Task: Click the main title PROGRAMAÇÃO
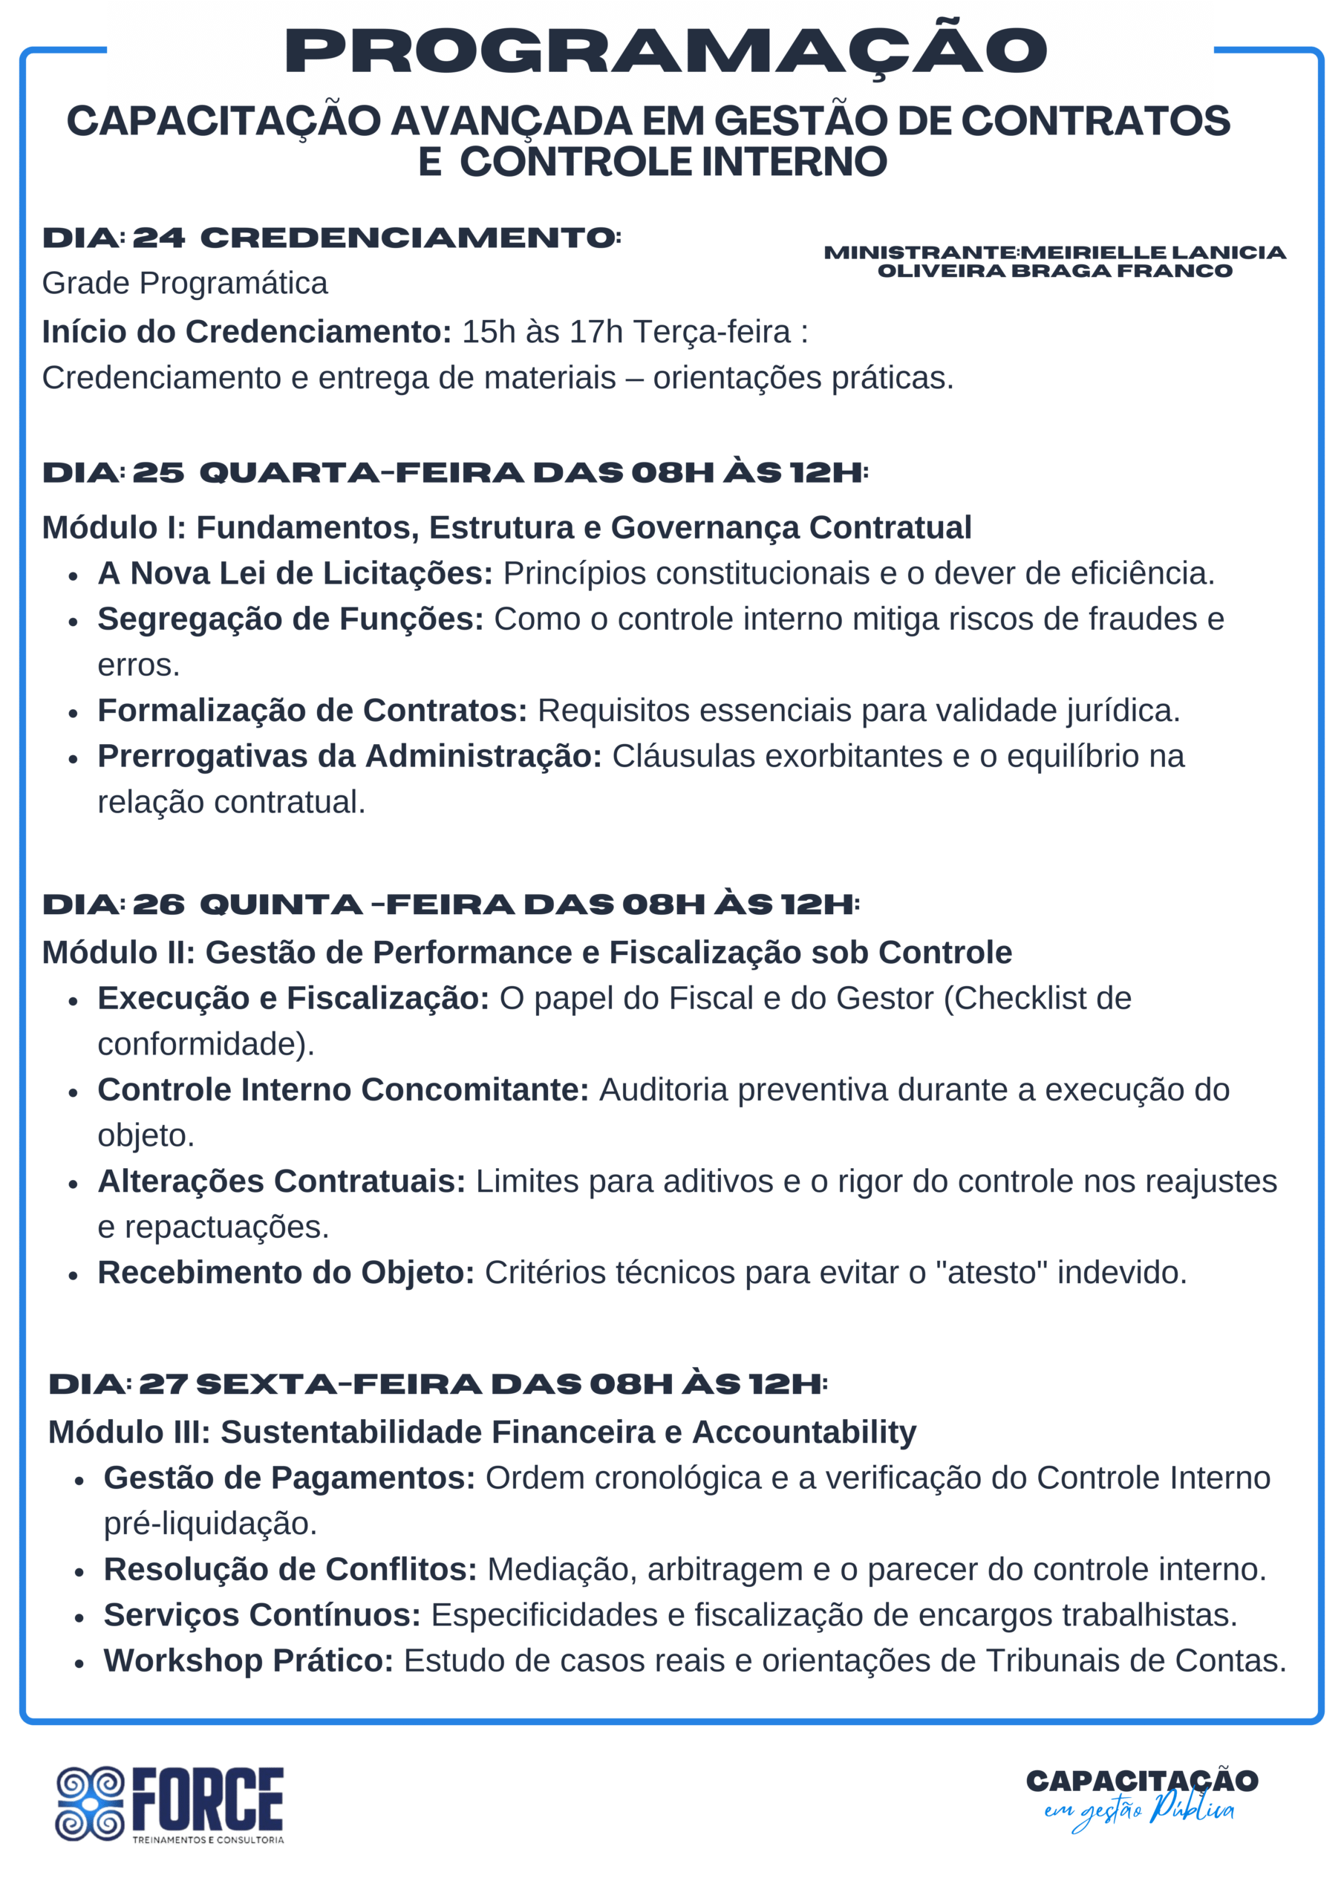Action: (666, 51)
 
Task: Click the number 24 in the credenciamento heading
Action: (159, 238)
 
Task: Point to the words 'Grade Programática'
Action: (185, 283)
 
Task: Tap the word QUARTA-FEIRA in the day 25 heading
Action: (362, 473)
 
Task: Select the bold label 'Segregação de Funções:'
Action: (290, 619)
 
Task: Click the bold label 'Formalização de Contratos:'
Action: (312, 710)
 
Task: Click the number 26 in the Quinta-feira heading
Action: (159, 904)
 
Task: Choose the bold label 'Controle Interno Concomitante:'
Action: (343, 1089)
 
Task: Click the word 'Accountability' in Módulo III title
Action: (804, 1432)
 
